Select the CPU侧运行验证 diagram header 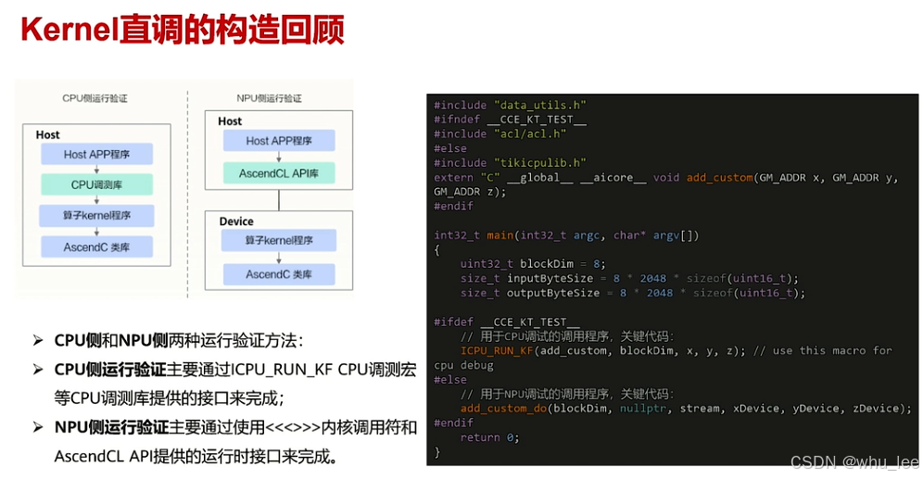[x=96, y=97]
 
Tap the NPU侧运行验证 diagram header [x=269, y=97]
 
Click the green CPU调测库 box [x=95, y=184]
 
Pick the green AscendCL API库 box [x=279, y=172]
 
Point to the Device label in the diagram [x=236, y=221]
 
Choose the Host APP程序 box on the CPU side [x=95, y=154]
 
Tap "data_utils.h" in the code [x=539, y=106]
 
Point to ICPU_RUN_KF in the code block [x=498, y=350]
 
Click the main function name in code [x=500, y=235]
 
